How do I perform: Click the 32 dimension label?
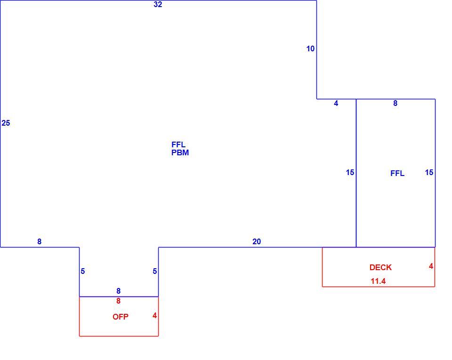click(158, 4)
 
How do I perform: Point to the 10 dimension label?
click(310, 48)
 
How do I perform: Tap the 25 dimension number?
click(6, 123)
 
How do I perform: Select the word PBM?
click(180, 152)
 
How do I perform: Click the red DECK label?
click(380, 268)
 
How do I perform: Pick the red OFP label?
click(121, 317)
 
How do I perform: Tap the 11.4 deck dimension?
click(378, 281)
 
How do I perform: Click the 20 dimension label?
click(257, 241)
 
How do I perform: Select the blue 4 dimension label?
click(336, 104)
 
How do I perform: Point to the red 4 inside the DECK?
click(431, 266)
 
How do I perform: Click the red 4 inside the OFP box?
click(154, 316)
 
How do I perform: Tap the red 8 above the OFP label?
click(118, 301)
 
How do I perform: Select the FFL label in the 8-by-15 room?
click(397, 173)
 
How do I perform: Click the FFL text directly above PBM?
click(178, 144)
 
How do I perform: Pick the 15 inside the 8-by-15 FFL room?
click(429, 173)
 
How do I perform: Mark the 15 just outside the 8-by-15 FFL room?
click(350, 173)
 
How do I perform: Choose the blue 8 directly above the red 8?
click(118, 291)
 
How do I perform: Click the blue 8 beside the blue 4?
click(395, 104)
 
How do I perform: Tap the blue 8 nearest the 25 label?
click(39, 241)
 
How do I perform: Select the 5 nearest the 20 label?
click(155, 272)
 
